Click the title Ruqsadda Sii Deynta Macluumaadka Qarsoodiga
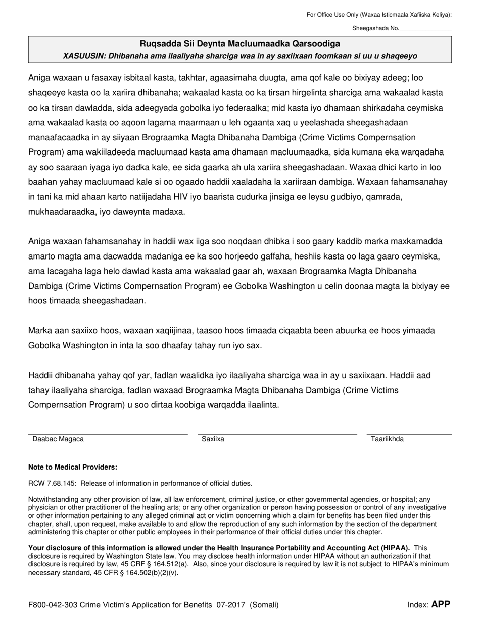click(240, 44)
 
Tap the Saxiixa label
click(213, 439)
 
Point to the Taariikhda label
click(387, 439)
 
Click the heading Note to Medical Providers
click(73, 467)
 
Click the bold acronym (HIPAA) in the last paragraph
click(395, 548)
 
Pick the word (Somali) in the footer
click(264, 604)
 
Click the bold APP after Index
click(440, 604)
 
